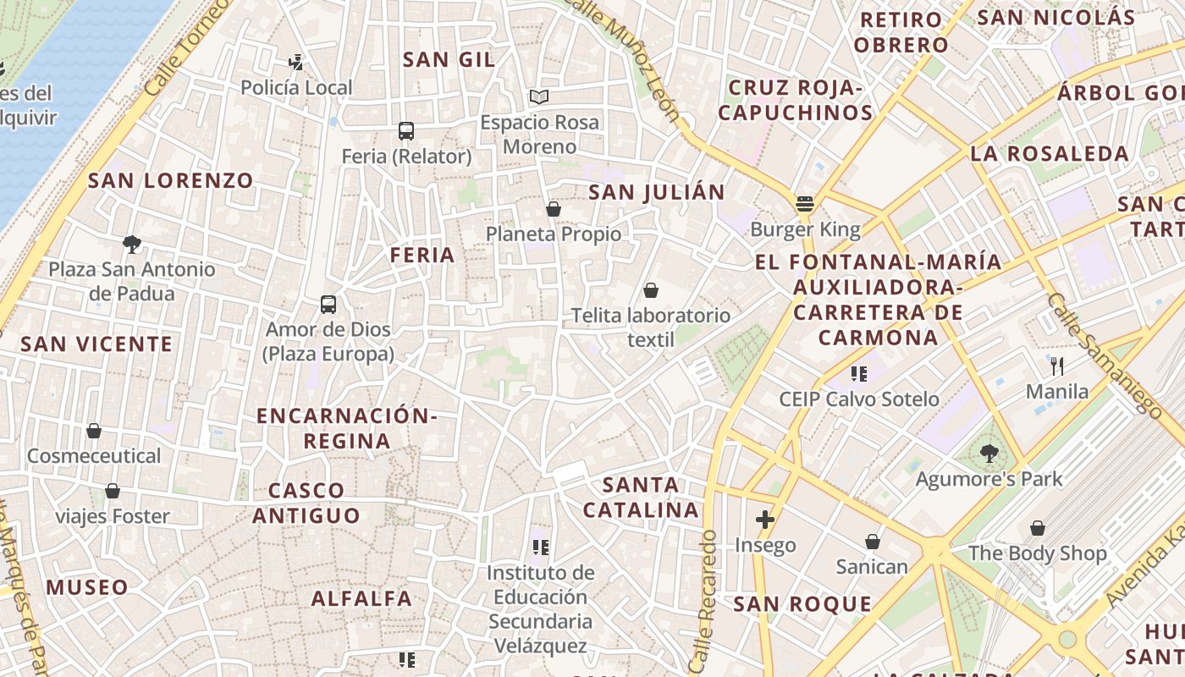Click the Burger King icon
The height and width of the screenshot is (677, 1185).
pyautogui.click(x=804, y=203)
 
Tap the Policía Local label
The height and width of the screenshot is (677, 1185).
pyautogui.click(x=296, y=88)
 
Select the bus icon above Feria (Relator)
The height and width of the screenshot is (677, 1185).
pyautogui.click(x=406, y=131)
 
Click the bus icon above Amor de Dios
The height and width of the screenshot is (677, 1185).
pyautogui.click(x=328, y=305)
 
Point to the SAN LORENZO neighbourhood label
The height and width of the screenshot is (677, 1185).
pyautogui.click(x=171, y=180)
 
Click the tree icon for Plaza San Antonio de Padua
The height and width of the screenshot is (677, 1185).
pyautogui.click(x=131, y=245)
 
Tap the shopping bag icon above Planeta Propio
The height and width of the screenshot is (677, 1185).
pyautogui.click(x=554, y=209)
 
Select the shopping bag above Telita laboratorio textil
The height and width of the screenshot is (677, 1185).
pyautogui.click(x=651, y=290)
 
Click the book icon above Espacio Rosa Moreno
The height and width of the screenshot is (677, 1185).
pyautogui.click(x=539, y=96)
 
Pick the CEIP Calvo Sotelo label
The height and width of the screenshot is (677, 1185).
pyautogui.click(x=859, y=399)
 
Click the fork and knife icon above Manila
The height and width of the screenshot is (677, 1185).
pyautogui.click(x=1056, y=366)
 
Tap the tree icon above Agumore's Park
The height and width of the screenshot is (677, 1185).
pyautogui.click(x=989, y=454)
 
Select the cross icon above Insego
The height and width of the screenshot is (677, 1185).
pyautogui.click(x=765, y=519)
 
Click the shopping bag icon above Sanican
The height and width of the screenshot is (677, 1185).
pyautogui.click(x=872, y=542)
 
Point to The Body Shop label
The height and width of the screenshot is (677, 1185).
pyautogui.click(x=1037, y=553)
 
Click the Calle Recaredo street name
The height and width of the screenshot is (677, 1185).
pyautogui.click(x=704, y=601)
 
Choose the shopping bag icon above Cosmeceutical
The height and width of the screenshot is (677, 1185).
pyautogui.click(x=94, y=432)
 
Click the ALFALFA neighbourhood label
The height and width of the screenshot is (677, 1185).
pyautogui.click(x=361, y=599)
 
